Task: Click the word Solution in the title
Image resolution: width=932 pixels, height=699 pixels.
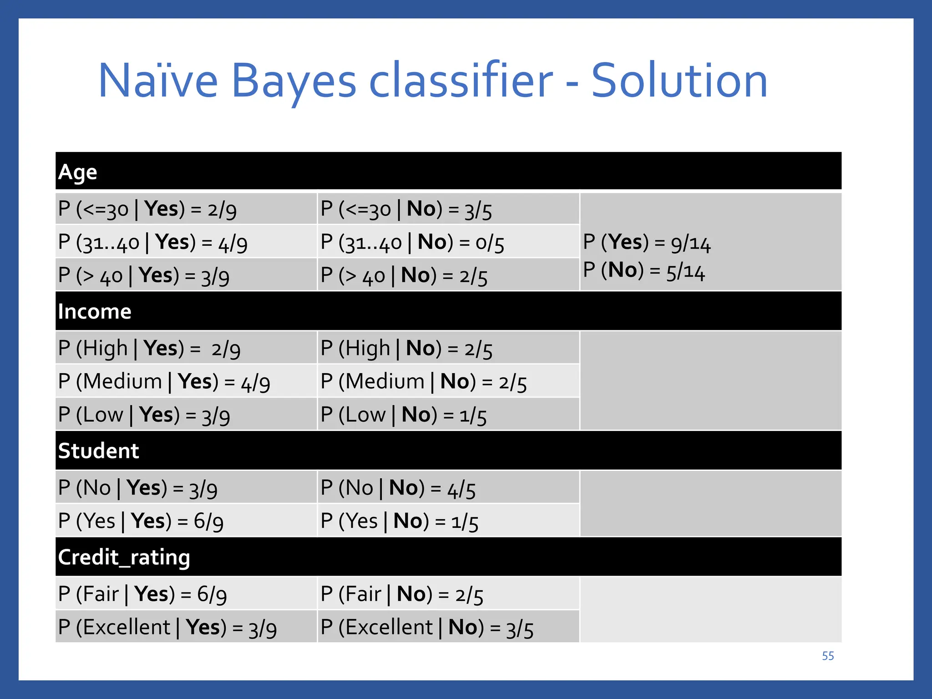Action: (679, 81)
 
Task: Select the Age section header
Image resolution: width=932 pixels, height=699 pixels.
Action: (78, 172)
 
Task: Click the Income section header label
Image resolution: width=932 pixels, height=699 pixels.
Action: (95, 312)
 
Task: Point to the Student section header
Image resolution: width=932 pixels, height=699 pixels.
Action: (98, 451)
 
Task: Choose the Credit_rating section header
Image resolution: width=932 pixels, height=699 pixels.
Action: (124, 557)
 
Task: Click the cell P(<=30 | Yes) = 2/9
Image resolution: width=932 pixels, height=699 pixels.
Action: (147, 209)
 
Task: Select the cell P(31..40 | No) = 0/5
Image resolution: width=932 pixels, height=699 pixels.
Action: (412, 243)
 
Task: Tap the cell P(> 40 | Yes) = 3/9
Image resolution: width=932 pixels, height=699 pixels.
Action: (144, 276)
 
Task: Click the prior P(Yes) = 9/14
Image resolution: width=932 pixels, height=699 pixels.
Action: (647, 242)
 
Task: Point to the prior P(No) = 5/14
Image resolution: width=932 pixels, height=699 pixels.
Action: (644, 271)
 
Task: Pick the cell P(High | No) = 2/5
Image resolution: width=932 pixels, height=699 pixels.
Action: (406, 349)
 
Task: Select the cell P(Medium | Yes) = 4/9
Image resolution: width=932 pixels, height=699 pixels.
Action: (164, 382)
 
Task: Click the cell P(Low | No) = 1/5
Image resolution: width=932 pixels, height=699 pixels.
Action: (404, 415)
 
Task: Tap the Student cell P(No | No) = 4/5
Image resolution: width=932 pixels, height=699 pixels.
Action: (398, 488)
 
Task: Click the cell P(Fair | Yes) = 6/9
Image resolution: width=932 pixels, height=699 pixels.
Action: (142, 594)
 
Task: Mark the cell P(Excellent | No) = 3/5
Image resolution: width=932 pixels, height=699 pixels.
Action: (427, 628)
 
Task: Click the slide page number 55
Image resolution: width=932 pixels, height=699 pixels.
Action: (828, 656)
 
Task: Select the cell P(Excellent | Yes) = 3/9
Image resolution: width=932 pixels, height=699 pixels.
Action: (167, 628)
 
